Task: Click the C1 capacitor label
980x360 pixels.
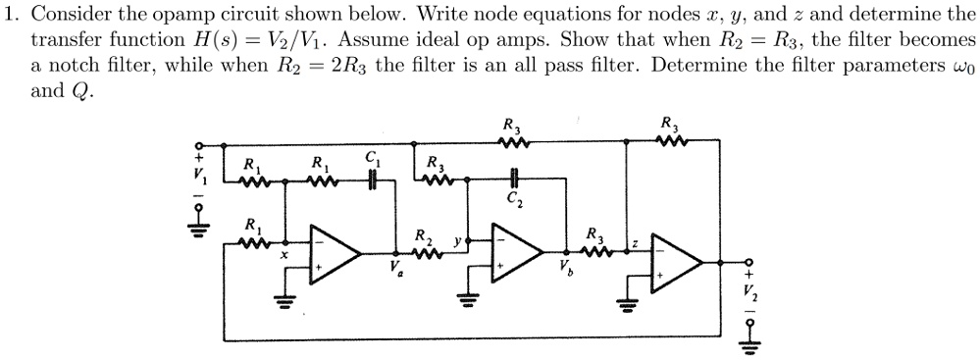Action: (371, 158)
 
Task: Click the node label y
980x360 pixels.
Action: (456, 238)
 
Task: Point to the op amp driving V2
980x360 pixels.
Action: (677, 260)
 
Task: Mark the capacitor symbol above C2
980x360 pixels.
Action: (514, 180)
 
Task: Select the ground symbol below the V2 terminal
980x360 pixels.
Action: (751, 342)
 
